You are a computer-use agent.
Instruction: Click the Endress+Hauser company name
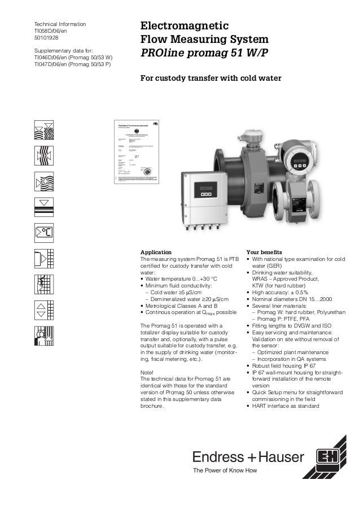click(x=249, y=456)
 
